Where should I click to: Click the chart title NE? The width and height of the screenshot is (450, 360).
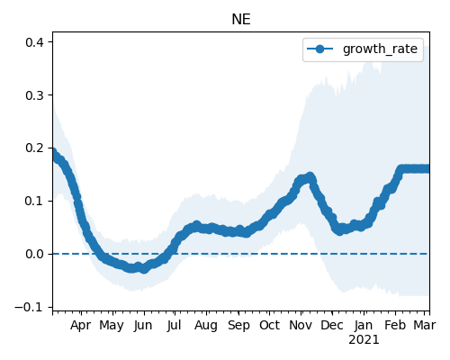click(241, 20)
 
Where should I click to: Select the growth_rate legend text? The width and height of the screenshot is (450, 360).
click(380, 49)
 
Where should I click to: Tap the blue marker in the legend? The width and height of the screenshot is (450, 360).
click(320, 49)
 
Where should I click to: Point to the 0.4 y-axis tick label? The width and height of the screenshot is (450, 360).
click(34, 42)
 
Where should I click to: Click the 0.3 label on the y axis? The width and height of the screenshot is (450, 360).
click(34, 95)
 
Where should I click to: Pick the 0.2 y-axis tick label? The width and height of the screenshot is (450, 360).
click(34, 148)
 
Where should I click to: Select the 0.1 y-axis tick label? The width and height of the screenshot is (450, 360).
click(34, 201)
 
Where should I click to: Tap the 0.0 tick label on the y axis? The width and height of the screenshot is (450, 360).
click(34, 254)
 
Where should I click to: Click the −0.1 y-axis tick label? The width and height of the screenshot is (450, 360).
click(29, 307)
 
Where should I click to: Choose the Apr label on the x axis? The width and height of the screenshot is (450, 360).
click(81, 326)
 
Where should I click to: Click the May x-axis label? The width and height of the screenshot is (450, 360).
click(112, 326)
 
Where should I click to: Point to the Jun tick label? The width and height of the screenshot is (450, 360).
click(143, 326)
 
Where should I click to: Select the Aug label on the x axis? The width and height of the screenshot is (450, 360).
click(206, 326)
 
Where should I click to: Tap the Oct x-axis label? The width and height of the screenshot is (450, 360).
click(269, 325)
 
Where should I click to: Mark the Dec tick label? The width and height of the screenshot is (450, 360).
click(332, 325)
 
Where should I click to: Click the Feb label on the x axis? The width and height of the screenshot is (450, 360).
click(395, 325)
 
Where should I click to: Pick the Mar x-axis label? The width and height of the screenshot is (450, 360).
click(425, 325)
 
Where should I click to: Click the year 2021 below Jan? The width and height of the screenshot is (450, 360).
click(364, 340)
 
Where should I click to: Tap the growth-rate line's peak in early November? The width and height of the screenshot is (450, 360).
click(310, 176)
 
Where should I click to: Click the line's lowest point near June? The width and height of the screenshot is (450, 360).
click(144, 269)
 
